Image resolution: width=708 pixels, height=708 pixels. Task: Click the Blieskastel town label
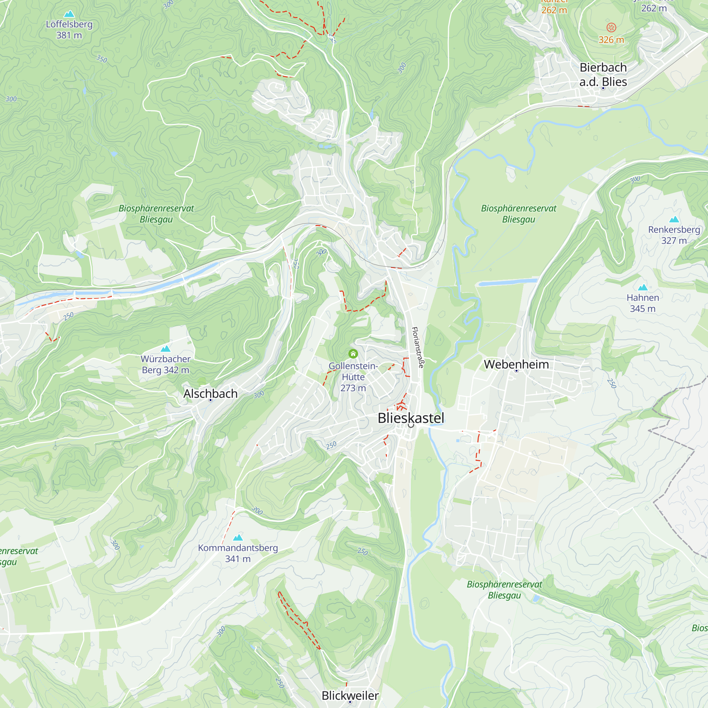[x=411, y=418]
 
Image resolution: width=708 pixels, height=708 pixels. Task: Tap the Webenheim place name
[x=516, y=364]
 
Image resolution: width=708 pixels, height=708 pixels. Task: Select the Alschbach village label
[x=210, y=394]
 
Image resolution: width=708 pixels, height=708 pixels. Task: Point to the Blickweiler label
[x=350, y=696]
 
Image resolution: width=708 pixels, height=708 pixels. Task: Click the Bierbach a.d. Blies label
[x=603, y=74]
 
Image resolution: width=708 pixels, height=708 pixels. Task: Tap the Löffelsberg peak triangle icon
[x=69, y=14]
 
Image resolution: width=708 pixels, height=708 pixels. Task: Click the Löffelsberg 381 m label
[x=69, y=30]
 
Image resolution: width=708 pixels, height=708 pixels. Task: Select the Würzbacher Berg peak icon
[x=166, y=348]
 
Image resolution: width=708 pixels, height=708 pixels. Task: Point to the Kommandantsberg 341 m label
[x=238, y=553]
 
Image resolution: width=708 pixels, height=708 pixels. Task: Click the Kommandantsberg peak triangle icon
[x=238, y=538]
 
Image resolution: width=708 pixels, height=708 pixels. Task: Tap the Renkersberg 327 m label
[x=674, y=235]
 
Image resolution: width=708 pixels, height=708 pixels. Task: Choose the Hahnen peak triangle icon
[x=643, y=287]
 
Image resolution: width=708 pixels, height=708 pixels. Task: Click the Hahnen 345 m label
[x=643, y=303]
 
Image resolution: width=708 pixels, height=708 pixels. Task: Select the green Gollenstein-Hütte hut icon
[x=353, y=354]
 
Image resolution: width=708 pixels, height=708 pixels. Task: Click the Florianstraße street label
[x=417, y=347]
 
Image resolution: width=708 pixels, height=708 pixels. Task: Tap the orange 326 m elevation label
[x=611, y=40]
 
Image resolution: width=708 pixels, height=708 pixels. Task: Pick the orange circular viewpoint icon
[x=611, y=27]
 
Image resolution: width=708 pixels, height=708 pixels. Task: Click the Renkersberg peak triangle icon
[x=674, y=219]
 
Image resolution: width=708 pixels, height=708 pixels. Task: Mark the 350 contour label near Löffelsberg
[x=102, y=59]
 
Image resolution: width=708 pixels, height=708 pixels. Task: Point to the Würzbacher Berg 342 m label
[x=166, y=364]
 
